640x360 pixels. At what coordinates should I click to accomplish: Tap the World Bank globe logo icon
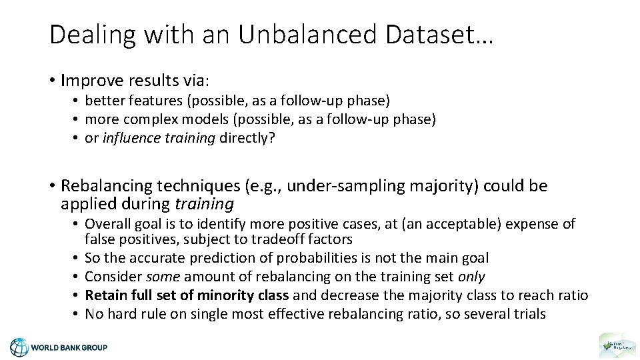point(19,347)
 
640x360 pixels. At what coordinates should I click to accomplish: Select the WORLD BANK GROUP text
point(69,347)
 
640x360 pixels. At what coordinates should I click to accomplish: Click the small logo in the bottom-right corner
point(617,345)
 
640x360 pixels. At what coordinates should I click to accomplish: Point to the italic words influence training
point(159,138)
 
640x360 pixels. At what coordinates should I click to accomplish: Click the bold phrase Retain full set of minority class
point(187,295)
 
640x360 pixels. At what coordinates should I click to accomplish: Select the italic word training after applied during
point(205,204)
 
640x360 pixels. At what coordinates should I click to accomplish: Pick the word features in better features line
point(149,101)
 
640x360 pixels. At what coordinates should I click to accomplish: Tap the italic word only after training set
point(471,276)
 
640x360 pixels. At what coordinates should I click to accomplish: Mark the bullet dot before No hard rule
point(77,313)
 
